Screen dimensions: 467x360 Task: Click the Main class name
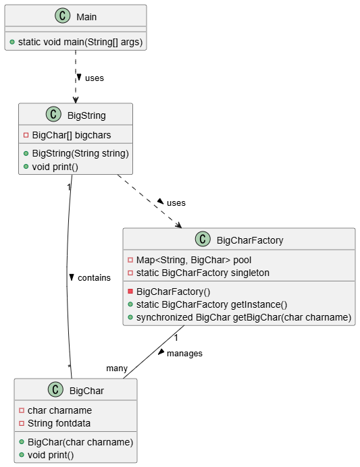click(x=86, y=17)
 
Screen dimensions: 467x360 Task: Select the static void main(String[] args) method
click(x=80, y=42)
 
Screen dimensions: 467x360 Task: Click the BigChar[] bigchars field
click(x=71, y=135)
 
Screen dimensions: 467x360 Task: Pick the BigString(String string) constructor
click(x=80, y=153)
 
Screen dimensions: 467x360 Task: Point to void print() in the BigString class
click(x=55, y=167)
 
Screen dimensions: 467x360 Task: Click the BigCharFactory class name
click(x=249, y=240)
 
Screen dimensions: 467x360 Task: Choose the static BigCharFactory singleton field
click(x=203, y=273)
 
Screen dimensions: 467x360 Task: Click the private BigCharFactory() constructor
click(x=173, y=292)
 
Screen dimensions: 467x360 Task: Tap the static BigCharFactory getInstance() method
click(x=211, y=304)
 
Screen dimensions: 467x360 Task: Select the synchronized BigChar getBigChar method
click(x=244, y=317)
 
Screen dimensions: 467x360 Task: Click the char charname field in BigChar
click(x=59, y=410)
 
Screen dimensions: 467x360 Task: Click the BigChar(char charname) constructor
click(x=80, y=442)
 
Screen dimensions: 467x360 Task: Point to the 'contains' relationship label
click(x=93, y=277)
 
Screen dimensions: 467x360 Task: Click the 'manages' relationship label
click(x=184, y=353)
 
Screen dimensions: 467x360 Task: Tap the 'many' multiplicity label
click(x=117, y=368)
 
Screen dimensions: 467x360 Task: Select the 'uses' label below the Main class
click(x=94, y=78)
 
